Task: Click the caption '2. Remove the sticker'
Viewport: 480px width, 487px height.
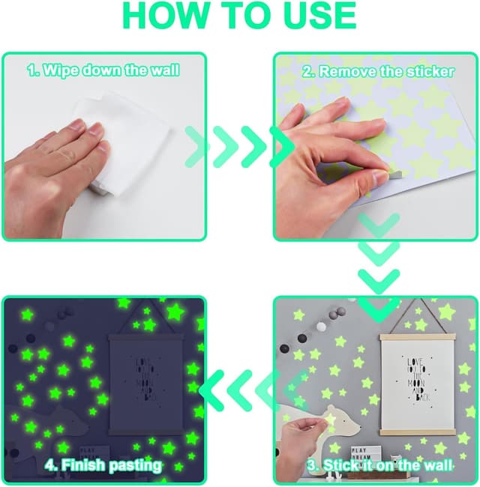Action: point(378,72)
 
